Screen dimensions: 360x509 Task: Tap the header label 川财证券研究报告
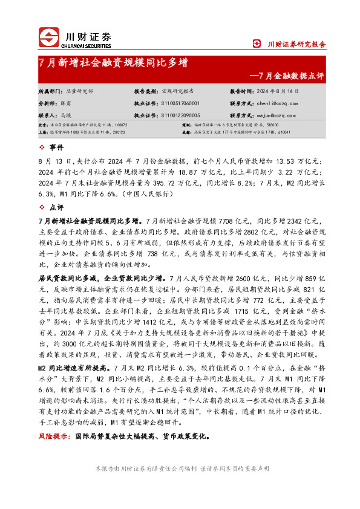point(296,44)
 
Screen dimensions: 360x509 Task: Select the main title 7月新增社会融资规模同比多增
point(113,63)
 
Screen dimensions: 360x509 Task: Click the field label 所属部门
point(50,91)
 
